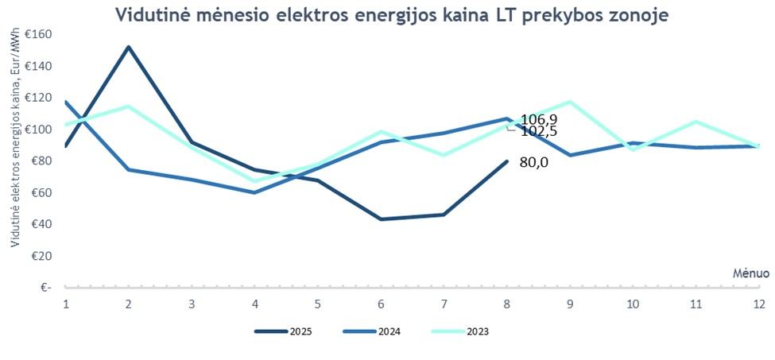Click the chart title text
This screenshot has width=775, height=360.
click(391, 15)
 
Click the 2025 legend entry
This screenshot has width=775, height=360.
click(285, 331)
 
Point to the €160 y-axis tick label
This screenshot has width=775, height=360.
click(37, 35)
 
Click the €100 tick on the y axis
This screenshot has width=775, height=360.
click(37, 130)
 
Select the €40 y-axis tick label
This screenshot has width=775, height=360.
click(40, 224)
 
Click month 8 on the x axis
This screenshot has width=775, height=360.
click(506, 304)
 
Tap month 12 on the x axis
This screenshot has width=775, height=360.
click(759, 304)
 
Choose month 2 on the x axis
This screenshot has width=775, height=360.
click(128, 304)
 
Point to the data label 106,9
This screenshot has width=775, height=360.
click(538, 119)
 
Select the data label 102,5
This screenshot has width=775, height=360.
click(538, 131)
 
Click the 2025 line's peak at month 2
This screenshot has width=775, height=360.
click(128, 47)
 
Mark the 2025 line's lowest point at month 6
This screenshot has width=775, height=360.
click(381, 219)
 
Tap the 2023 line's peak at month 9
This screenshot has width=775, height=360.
click(570, 102)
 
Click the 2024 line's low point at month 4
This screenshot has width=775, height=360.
click(254, 192)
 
